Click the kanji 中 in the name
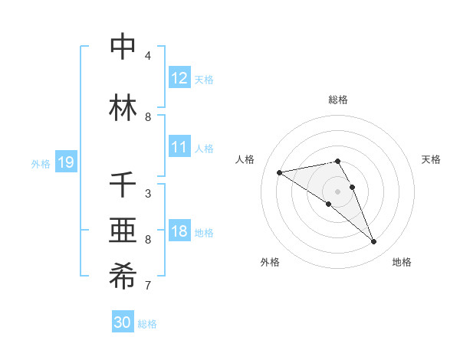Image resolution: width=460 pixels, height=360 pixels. [123, 47]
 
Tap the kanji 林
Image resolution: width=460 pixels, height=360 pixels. [123, 108]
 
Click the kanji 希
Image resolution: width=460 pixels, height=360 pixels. [123, 277]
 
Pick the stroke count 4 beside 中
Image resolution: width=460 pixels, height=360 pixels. [148, 56]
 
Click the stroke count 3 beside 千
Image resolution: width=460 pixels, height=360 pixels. [148, 195]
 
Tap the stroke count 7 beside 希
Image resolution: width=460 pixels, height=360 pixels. [148, 286]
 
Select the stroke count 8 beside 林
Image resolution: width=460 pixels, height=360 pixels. [148, 117]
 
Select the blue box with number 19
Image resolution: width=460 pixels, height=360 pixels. [65, 162]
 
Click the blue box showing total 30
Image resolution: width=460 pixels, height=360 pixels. [123, 322]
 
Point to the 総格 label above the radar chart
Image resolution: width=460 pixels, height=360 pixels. [338, 100]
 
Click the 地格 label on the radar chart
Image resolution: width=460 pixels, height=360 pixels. [402, 263]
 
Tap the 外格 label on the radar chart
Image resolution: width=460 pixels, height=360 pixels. [270, 263]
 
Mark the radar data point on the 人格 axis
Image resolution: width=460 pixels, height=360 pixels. [279, 172]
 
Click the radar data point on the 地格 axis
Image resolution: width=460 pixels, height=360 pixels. [374, 242]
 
